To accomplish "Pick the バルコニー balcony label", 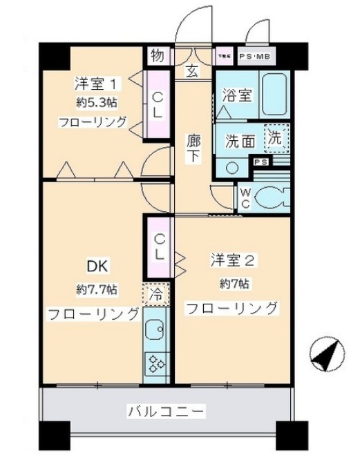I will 165,411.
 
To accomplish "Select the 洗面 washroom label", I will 240,140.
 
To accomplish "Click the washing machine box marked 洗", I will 275,137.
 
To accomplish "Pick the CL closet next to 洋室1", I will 158,106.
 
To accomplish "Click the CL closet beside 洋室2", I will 158,247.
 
